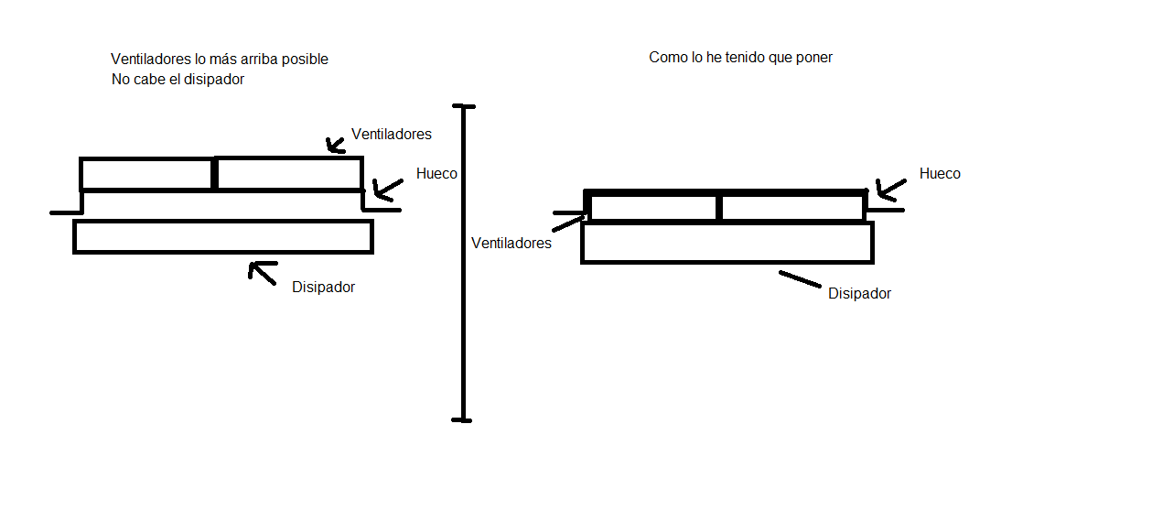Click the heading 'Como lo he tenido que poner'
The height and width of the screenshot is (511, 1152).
pyautogui.click(x=740, y=57)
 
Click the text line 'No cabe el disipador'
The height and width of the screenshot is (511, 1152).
pyautogui.click(x=178, y=79)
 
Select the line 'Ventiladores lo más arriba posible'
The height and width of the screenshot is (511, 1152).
pyautogui.click(x=219, y=59)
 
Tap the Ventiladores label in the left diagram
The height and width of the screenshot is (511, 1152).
pyautogui.click(x=391, y=134)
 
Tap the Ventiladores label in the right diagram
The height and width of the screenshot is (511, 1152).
pyautogui.click(x=511, y=243)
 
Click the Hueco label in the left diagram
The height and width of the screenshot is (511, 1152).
pyautogui.click(x=436, y=173)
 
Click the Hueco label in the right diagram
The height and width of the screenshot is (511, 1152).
pyautogui.click(x=940, y=173)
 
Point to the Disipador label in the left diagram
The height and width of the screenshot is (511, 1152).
pyautogui.click(x=323, y=287)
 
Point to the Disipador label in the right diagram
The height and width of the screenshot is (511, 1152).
pyautogui.click(x=859, y=293)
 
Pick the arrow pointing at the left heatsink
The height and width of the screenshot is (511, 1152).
pyautogui.click(x=263, y=272)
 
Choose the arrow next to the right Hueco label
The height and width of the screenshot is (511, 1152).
pyautogui.click(x=890, y=188)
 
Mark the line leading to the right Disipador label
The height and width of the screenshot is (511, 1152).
pyautogui.click(x=800, y=278)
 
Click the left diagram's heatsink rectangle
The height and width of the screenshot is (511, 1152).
pyautogui.click(x=222, y=236)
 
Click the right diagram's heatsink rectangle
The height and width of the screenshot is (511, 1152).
pyautogui.click(x=727, y=243)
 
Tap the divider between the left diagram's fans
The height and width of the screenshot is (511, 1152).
pyautogui.click(x=214, y=174)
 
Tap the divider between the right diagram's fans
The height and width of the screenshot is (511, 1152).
pyautogui.click(x=719, y=208)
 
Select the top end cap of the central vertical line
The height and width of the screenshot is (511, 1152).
pyautogui.click(x=464, y=107)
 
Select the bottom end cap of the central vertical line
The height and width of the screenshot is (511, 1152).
pyautogui.click(x=462, y=420)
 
